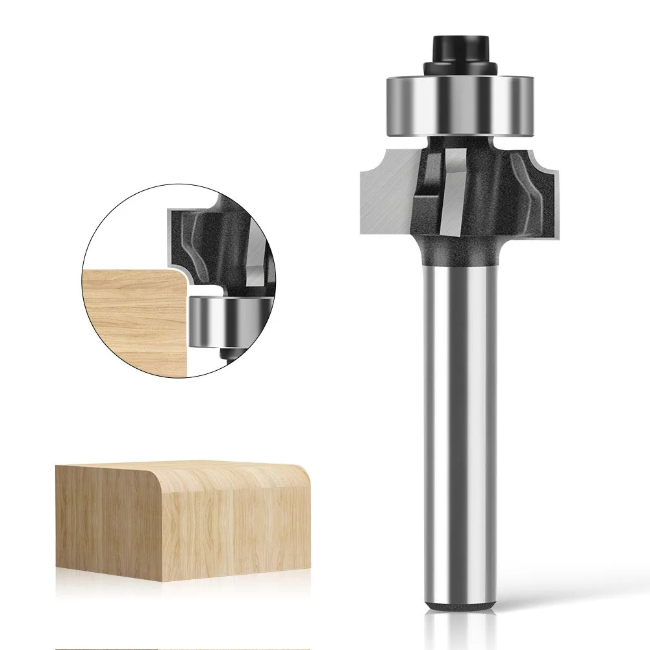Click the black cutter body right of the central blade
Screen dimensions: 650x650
tap(494, 195)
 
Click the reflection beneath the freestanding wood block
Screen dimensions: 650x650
tap(182, 571)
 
